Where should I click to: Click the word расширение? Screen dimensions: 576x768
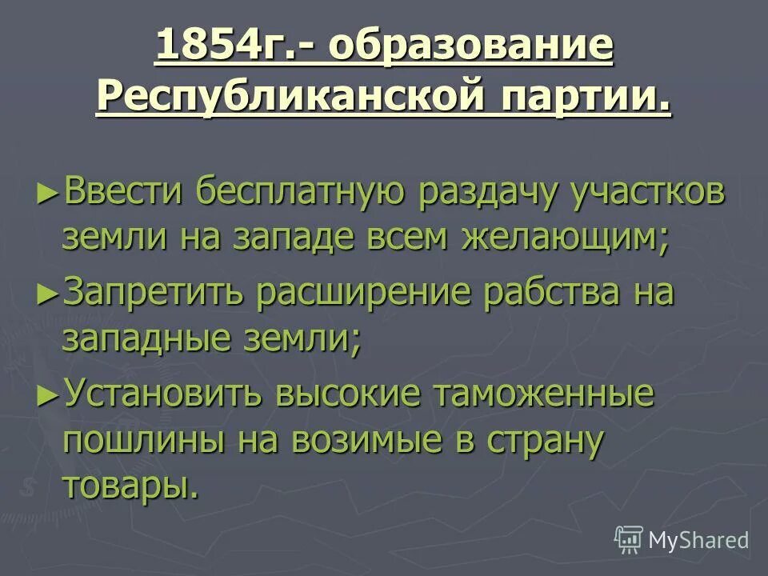point(366,294)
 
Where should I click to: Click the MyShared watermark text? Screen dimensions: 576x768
point(698,540)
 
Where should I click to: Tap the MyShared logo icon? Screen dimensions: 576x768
point(629,540)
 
